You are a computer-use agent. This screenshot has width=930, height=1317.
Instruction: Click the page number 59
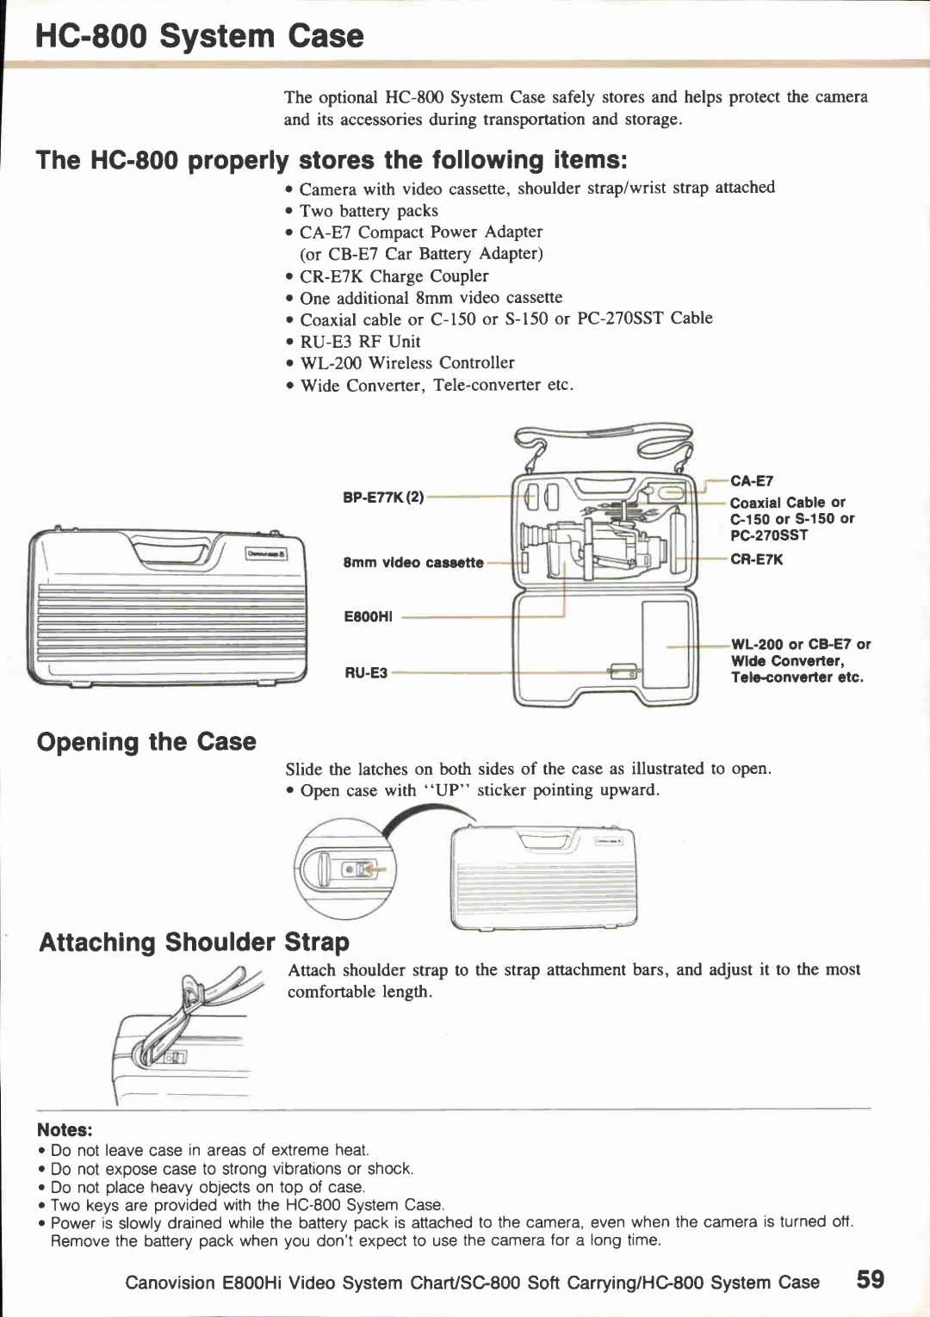[x=870, y=1279]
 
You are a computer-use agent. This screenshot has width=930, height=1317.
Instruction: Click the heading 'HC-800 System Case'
[x=200, y=36]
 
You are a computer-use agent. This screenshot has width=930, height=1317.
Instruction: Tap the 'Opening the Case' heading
[x=146, y=742]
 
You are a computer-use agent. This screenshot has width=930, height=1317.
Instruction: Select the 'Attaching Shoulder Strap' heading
[x=195, y=943]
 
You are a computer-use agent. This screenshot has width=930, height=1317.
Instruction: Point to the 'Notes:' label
[x=65, y=1130]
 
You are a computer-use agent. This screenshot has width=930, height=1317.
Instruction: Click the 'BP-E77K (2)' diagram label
[x=383, y=498]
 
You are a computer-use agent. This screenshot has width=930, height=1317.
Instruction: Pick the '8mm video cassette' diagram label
[x=413, y=563]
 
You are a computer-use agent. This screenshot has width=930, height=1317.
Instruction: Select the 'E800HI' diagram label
[x=368, y=616]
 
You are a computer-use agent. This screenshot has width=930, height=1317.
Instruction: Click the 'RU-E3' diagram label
[x=366, y=673]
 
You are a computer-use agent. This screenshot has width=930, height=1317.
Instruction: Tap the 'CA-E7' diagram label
[x=752, y=481]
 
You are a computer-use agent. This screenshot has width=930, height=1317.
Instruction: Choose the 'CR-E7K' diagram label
[x=756, y=560]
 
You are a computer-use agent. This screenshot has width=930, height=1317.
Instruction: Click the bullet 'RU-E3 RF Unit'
[x=360, y=342]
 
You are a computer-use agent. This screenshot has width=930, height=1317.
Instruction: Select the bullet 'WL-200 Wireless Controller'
[x=406, y=363]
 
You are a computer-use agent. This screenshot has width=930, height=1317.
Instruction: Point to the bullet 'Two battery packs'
[x=369, y=211]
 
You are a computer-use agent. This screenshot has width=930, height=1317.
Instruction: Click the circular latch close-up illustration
[x=344, y=868]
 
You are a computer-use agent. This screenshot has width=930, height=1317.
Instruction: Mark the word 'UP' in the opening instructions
[x=447, y=790]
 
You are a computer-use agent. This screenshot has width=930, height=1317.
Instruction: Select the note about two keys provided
[x=245, y=1205]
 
